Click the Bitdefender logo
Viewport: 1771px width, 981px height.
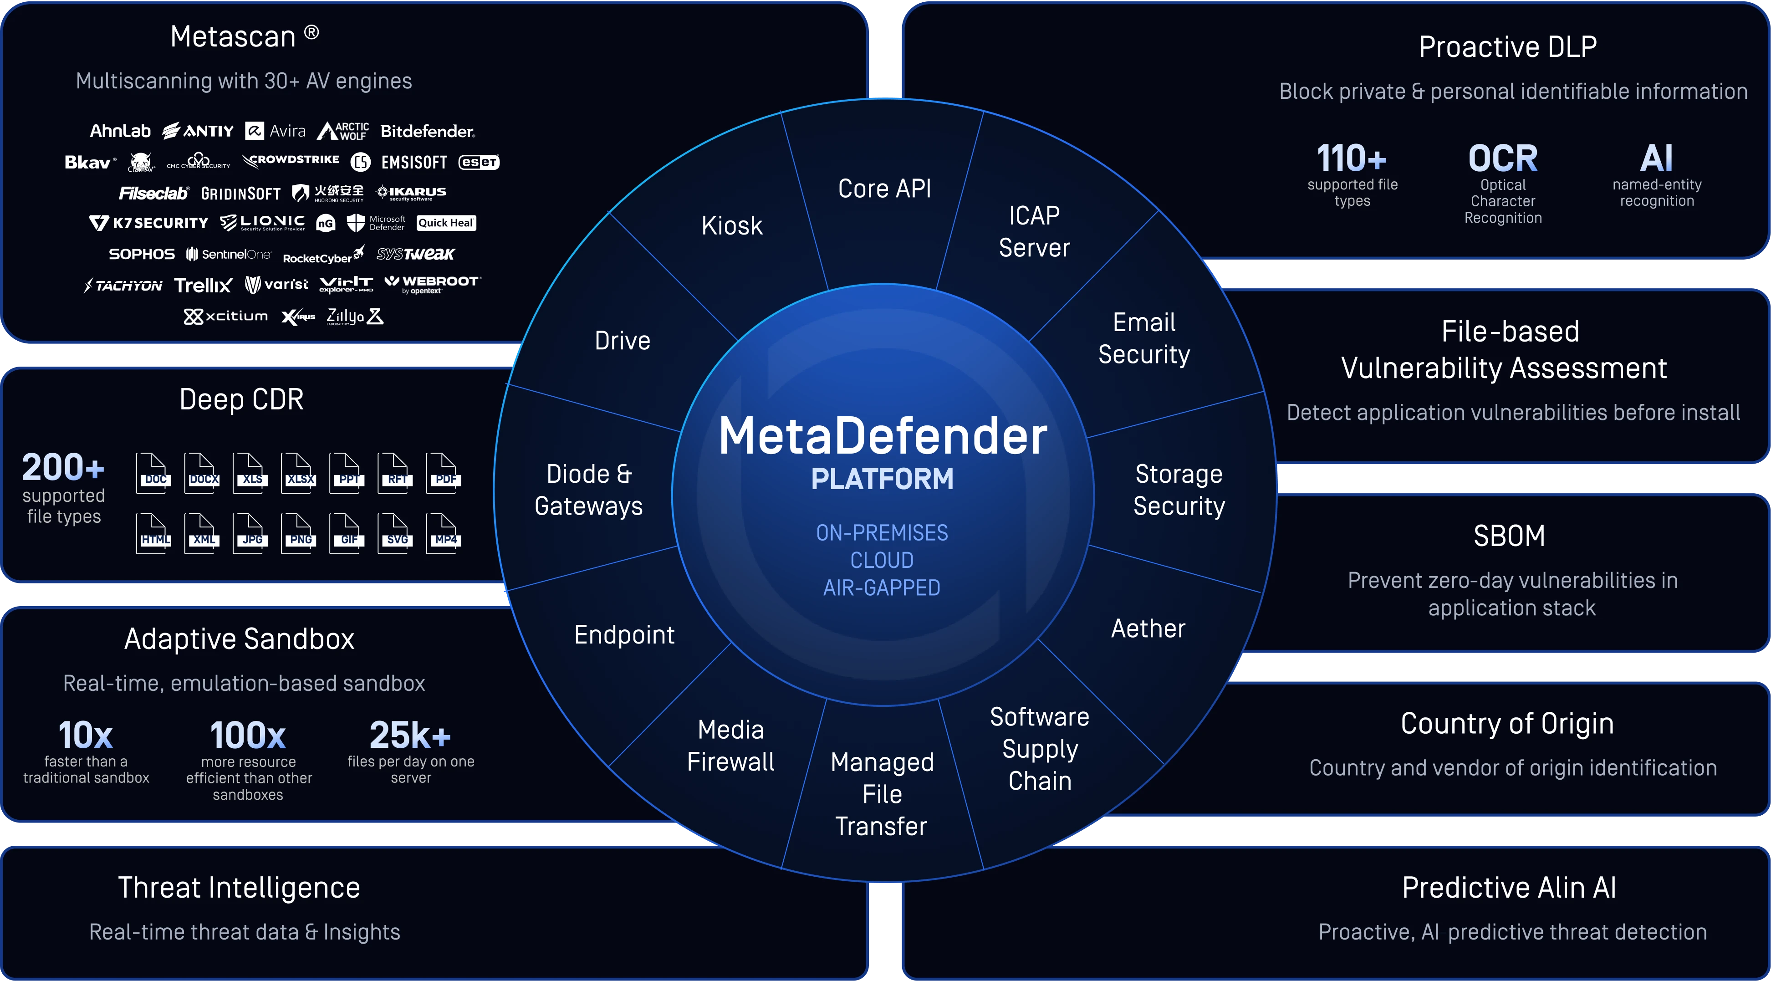[x=427, y=131]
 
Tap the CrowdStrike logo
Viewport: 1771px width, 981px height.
[x=291, y=160]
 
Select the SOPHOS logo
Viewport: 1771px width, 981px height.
[x=142, y=255]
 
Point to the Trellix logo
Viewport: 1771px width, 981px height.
[x=203, y=285]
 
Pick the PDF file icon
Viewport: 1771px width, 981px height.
[x=444, y=473]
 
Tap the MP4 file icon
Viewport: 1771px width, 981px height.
[x=444, y=533]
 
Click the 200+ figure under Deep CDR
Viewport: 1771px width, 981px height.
[x=63, y=467]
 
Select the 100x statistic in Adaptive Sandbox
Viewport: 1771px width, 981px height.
[x=248, y=736]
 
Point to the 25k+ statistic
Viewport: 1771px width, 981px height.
[x=410, y=735]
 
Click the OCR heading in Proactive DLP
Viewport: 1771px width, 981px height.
[x=1503, y=159]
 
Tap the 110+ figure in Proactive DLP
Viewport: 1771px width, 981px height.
[x=1352, y=159]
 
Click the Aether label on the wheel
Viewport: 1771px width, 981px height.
[x=1148, y=628]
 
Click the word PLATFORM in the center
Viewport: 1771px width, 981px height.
[x=882, y=479]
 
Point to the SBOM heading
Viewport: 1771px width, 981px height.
[x=1509, y=536]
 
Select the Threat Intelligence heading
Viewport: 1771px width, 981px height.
[x=239, y=888]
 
